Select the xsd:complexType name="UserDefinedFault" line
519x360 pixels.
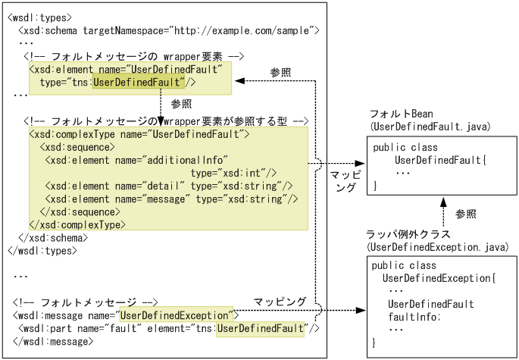click(x=139, y=134)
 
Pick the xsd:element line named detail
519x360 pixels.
click(x=168, y=186)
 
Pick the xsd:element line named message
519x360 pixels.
click(x=174, y=199)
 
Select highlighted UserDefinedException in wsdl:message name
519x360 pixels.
click(x=174, y=315)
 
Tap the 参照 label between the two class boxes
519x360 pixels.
click(x=467, y=214)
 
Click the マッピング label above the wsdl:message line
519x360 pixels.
click(x=280, y=302)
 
